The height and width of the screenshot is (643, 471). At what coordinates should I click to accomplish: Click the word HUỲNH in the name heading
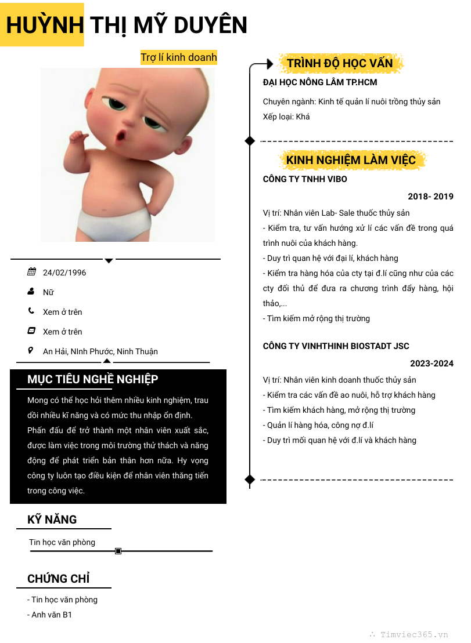45,26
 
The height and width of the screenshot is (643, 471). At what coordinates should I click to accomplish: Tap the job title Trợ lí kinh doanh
178,57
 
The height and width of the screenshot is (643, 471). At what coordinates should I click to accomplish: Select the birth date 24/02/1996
64,273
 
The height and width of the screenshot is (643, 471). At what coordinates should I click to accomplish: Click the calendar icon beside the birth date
31,271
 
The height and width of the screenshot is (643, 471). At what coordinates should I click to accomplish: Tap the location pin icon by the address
31,350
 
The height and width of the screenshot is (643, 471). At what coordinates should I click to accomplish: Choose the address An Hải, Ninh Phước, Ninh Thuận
100,351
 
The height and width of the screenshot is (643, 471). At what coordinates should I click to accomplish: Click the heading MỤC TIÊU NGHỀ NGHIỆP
93,379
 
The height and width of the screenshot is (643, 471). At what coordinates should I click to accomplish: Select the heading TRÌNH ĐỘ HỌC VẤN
340,63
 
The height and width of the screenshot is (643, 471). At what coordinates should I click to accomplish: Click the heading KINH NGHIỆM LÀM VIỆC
351,160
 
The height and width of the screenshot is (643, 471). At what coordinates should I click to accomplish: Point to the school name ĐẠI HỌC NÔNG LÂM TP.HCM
320,82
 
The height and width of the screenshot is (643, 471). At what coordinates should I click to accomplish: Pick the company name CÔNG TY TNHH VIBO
305,179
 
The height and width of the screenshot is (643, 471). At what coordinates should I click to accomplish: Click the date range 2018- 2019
430,197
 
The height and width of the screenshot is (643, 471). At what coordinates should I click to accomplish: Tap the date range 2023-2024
432,364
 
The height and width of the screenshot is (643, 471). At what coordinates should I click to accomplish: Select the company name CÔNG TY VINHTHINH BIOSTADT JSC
336,346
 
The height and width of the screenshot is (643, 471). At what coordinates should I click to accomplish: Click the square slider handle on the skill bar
118,551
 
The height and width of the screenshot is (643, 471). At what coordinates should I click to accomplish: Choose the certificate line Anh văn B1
51,615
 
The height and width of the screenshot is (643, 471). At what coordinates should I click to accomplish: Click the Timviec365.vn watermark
414,634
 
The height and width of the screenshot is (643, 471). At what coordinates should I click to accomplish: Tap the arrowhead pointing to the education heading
269,63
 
